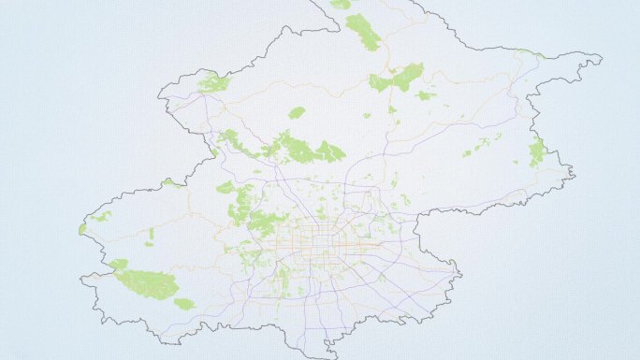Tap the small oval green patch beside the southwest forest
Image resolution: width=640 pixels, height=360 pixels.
(x=184, y=304)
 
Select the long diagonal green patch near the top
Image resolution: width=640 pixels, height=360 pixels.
(x=363, y=32)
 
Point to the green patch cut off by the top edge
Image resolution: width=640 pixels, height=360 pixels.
(x=341, y=4)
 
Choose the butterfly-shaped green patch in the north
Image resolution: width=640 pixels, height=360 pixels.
(x=397, y=79)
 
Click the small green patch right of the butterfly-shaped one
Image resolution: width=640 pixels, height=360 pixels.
(x=426, y=94)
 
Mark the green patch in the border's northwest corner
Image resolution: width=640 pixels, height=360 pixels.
(x=213, y=83)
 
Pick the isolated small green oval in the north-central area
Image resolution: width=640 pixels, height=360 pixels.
(x=297, y=113)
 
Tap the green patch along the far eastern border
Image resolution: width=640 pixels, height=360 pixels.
(x=536, y=151)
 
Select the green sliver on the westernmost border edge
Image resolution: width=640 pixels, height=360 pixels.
(x=82, y=228)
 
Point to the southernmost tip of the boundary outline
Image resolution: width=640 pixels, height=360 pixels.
(x=329, y=356)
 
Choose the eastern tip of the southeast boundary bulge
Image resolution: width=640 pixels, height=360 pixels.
(x=460, y=274)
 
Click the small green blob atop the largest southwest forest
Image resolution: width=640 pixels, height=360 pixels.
(x=119, y=265)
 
